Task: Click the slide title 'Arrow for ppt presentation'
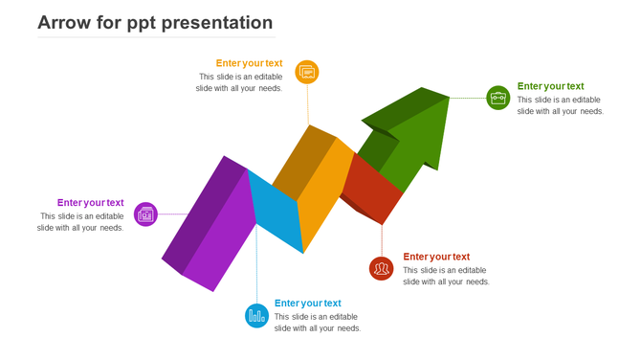point(155,23)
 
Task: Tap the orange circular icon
point(307,72)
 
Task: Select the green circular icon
point(498,98)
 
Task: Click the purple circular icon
point(145,214)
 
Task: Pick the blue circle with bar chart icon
point(256,315)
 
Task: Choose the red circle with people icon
point(382,268)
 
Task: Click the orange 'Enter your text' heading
point(249,63)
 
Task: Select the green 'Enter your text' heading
point(550,86)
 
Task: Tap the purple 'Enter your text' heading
point(90,202)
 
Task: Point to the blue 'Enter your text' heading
point(307,304)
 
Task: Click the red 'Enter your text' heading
point(436,257)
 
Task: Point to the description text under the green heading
point(560,105)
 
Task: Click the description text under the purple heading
point(81,222)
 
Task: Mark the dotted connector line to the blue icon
point(256,268)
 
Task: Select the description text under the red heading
point(446,276)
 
